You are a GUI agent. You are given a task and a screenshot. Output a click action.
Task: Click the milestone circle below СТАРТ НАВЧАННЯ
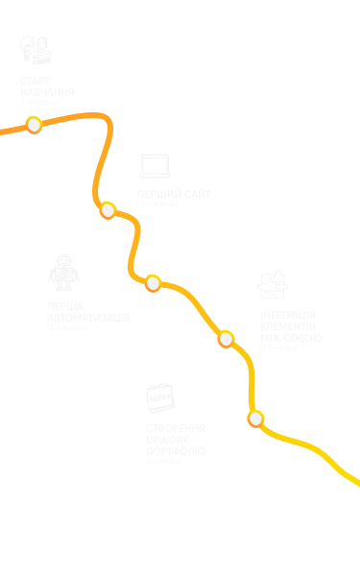[x=35, y=125]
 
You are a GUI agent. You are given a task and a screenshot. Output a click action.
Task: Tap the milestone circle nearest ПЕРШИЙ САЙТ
[x=108, y=210]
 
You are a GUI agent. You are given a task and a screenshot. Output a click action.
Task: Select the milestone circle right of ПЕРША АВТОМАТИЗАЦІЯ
[x=153, y=282]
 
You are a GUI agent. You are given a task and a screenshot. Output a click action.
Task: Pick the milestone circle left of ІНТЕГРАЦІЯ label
[x=227, y=338]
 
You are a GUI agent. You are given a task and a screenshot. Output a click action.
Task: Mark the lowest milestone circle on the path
[x=256, y=419]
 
